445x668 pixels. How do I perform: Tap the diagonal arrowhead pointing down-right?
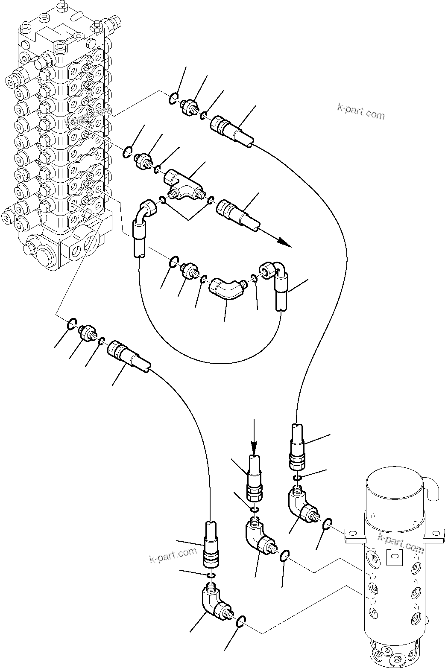coord(284,243)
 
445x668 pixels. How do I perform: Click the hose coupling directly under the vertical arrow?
coord(255,480)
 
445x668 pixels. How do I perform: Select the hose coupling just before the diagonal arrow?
coord(237,212)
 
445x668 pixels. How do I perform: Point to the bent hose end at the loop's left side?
coord(140,228)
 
